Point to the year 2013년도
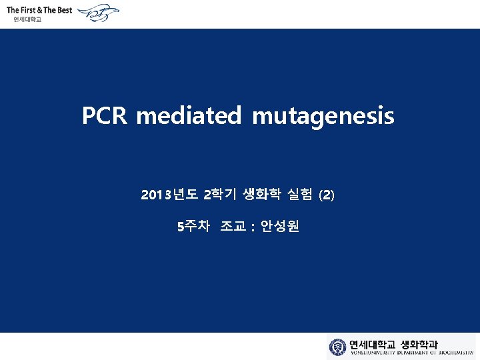[169, 195]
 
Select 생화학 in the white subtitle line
[261, 195]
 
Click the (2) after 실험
[328, 195]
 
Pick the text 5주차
[193, 227]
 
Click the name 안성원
[280, 227]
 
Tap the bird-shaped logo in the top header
[100, 13]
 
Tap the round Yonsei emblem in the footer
[338, 347]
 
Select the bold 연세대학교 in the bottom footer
[373, 345]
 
